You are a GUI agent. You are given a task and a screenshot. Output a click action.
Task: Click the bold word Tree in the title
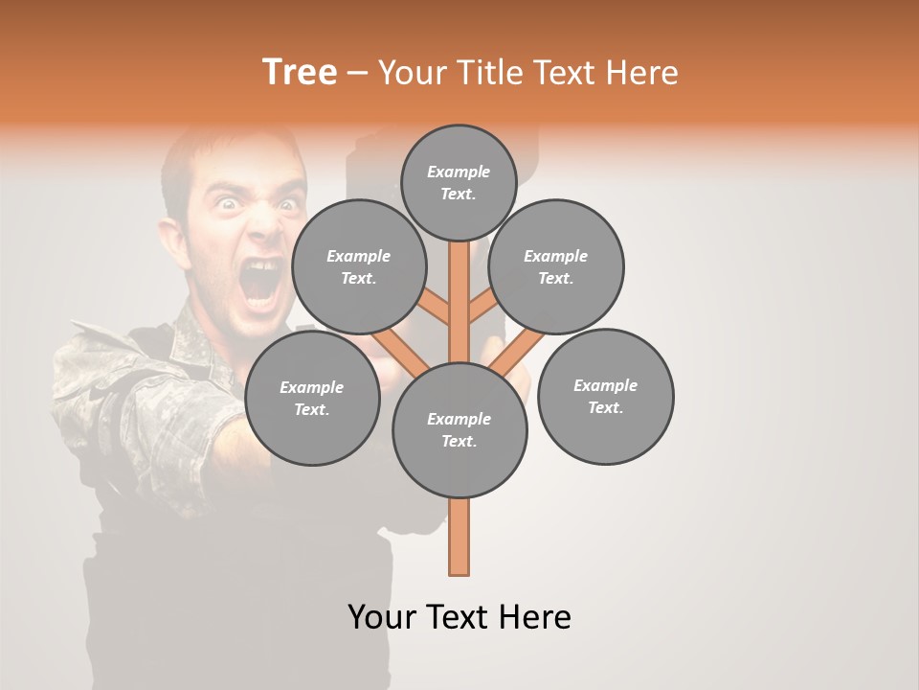(300, 72)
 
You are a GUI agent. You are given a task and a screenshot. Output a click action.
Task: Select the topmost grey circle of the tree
(459, 182)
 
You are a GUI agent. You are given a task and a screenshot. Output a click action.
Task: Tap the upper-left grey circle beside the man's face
(359, 266)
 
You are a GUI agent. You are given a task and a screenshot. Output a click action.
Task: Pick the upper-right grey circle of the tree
(556, 266)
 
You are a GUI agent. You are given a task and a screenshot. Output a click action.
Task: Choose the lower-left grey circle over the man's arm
(312, 399)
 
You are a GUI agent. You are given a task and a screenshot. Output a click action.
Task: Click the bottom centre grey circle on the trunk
(459, 430)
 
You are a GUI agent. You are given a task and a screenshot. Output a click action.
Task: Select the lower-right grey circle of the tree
(605, 397)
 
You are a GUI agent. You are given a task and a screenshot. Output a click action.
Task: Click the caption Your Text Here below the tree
(459, 617)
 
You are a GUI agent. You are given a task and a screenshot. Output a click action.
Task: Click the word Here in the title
(643, 72)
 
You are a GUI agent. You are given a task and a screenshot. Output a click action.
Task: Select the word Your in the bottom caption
(382, 617)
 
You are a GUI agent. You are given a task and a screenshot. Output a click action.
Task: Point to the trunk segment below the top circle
(459, 287)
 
